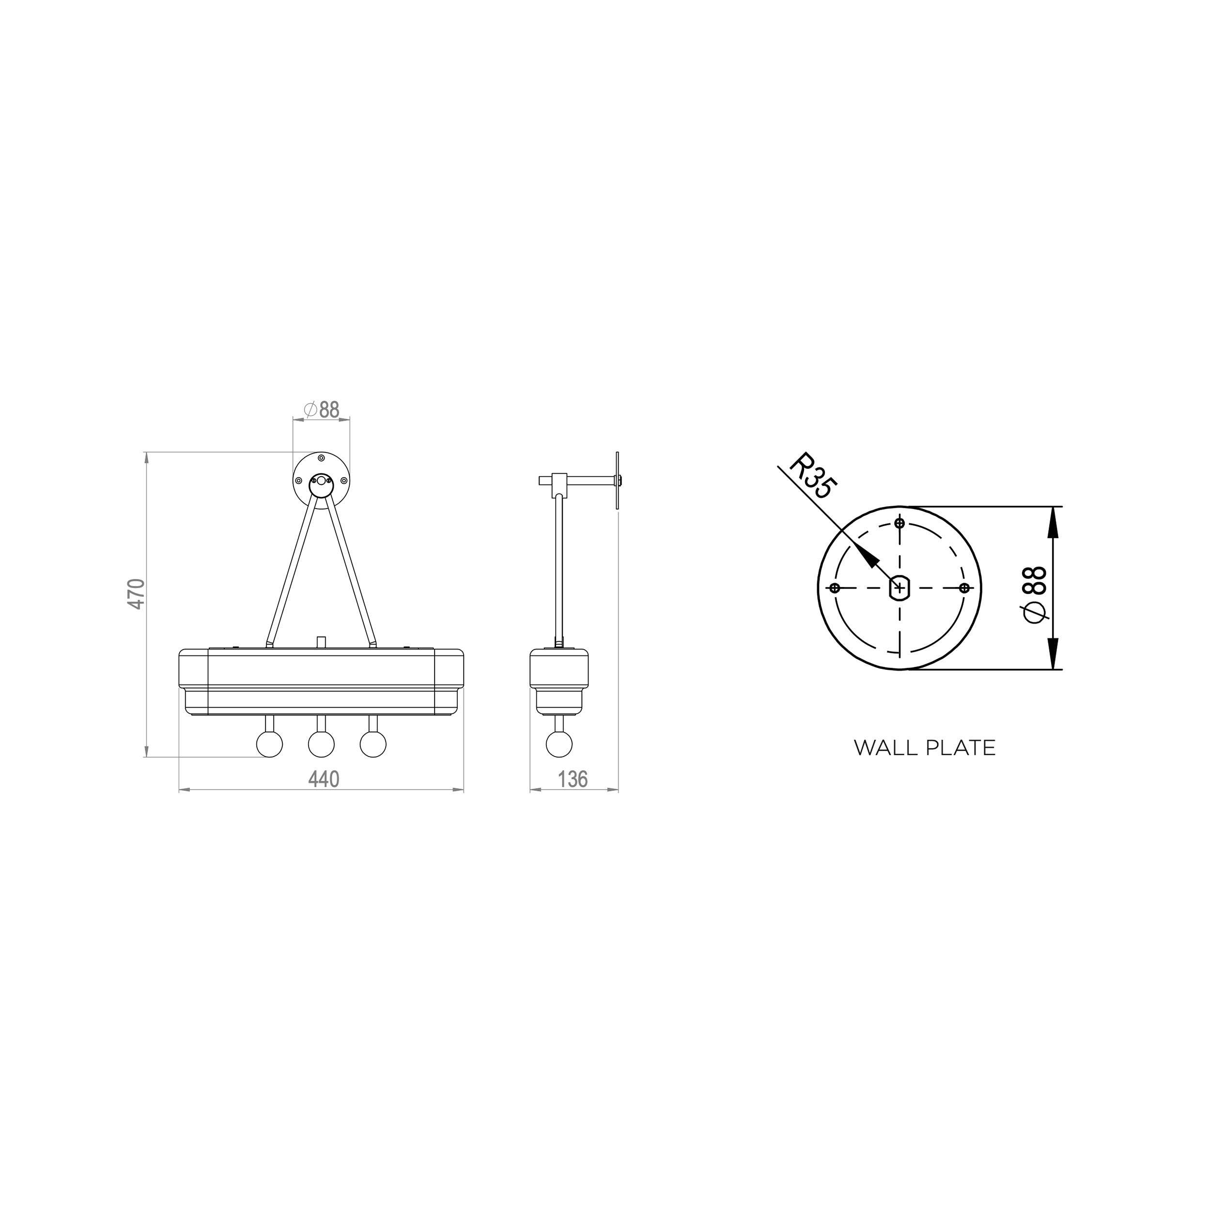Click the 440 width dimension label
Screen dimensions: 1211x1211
pos(324,779)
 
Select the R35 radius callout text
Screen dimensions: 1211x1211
pos(813,476)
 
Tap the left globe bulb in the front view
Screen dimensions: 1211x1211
pos(269,744)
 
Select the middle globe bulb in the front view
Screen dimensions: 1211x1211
pos(322,744)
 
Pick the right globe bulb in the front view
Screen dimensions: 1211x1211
pos(373,744)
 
